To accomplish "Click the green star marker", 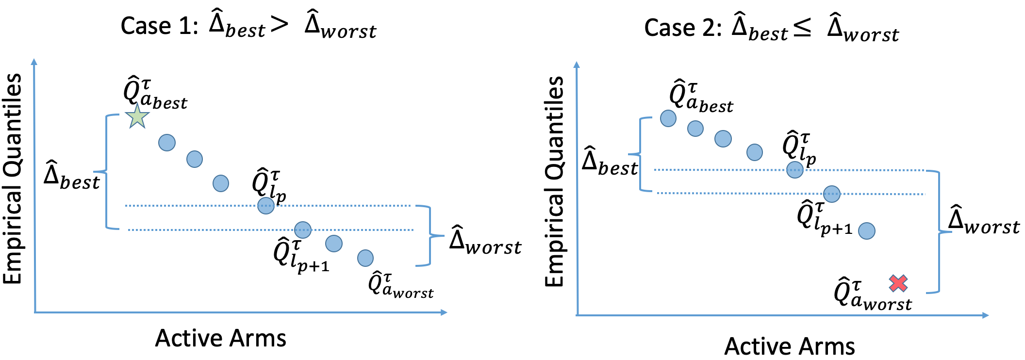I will (137, 117).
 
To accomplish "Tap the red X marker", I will (898, 283).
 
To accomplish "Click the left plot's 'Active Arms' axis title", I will (220, 338).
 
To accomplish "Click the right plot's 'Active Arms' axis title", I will (790, 346).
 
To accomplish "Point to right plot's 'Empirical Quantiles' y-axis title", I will (554, 181).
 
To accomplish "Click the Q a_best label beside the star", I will (154, 94).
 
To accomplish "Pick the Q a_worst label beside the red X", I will (872, 294).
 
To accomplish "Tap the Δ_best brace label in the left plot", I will (71, 175).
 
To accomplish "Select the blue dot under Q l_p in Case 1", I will (266, 206).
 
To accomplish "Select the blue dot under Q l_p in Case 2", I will (795, 170).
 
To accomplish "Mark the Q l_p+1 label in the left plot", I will (301, 255).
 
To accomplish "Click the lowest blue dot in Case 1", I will (365, 258).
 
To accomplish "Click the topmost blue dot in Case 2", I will (668, 118).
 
